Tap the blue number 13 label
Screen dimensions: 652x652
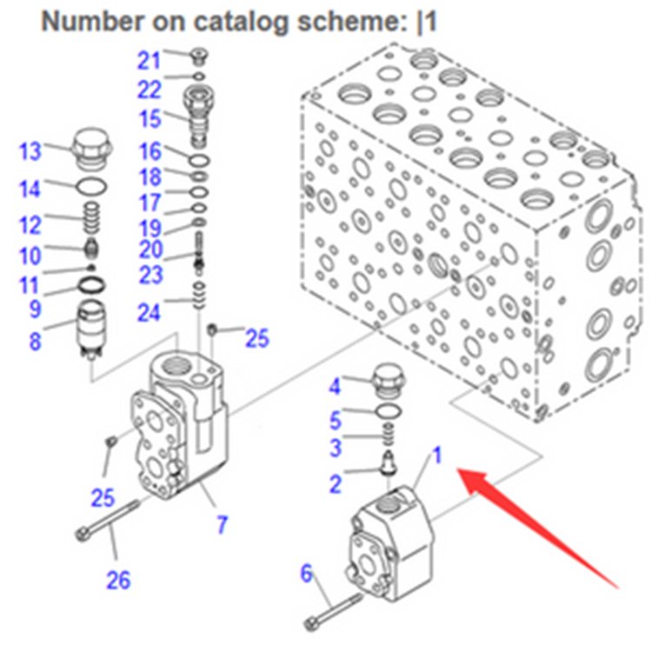click(30, 151)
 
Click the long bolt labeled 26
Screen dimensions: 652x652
click(110, 522)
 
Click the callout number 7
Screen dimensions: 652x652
click(223, 524)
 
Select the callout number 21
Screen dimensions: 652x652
click(150, 60)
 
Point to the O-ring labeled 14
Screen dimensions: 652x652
click(88, 185)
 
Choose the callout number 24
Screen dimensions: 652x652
click(150, 310)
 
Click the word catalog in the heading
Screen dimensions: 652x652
click(230, 21)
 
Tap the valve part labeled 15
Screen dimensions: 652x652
click(199, 115)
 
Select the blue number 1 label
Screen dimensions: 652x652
click(438, 454)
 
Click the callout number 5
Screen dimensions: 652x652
click(336, 419)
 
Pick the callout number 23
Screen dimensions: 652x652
click(150, 275)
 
